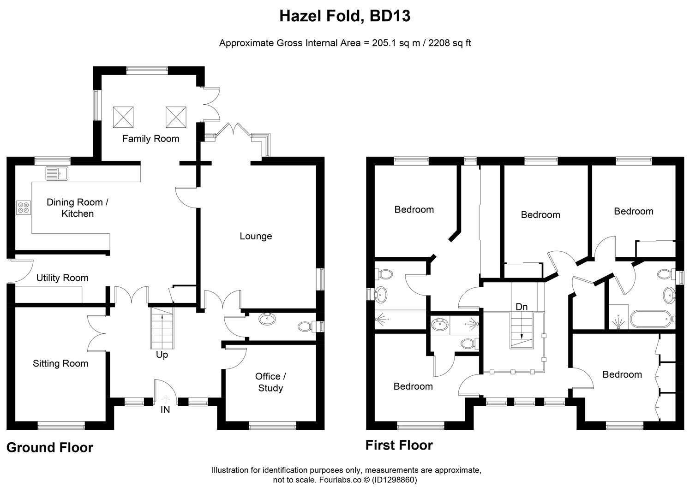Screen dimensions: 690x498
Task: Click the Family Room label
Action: (150, 139)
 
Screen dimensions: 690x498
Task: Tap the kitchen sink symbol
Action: (57, 173)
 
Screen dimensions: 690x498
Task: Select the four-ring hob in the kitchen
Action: (24, 208)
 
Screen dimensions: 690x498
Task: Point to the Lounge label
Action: (256, 236)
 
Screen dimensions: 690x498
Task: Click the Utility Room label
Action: (62, 278)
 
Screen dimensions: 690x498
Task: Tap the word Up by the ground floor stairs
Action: (162, 355)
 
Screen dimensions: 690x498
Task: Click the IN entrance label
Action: (165, 409)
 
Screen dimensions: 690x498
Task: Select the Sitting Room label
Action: (60, 363)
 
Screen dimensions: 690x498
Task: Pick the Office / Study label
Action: (270, 382)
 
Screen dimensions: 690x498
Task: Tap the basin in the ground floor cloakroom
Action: (267, 319)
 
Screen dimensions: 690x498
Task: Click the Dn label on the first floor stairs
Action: (522, 307)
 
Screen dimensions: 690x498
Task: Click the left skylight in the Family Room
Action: (123, 117)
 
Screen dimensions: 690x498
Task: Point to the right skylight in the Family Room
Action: (176, 117)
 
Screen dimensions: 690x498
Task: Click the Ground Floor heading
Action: (49, 448)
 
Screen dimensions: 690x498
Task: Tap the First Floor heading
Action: (399, 445)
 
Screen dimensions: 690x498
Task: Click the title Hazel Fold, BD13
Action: (345, 16)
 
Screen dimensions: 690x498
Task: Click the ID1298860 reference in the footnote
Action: (394, 480)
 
